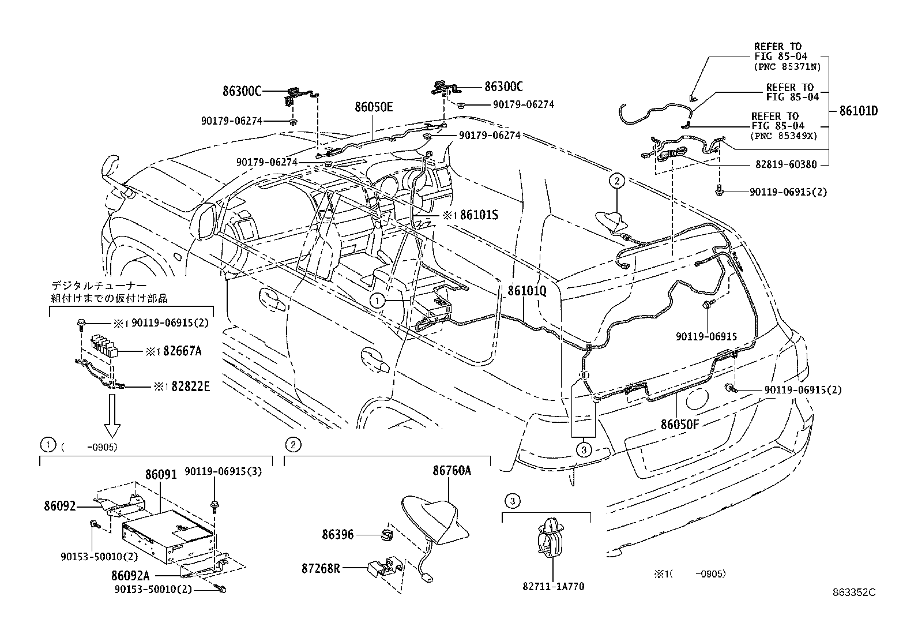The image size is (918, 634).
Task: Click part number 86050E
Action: tap(374, 107)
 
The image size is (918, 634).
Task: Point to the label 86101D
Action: tap(859, 111)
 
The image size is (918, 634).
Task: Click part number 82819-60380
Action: tap(786, 164)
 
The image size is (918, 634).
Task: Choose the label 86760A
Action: tap(452, 471)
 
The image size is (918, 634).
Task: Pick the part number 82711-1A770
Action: tap(554, 587)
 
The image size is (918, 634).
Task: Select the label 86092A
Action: tap(131, 575)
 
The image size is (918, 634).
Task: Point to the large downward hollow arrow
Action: tap(112, 422)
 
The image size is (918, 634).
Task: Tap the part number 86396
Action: tap(338, 535)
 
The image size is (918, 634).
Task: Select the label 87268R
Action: tap(320, 568)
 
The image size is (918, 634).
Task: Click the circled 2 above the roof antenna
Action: tap(616, 181)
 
